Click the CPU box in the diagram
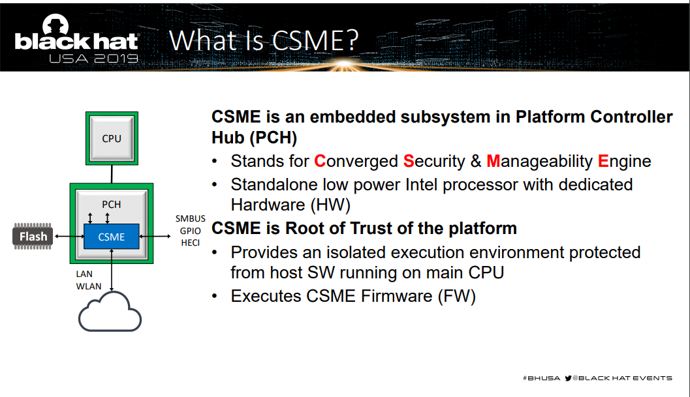(112, 138)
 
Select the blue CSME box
(112, 237)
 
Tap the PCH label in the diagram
(112, 205)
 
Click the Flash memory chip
(33, 237)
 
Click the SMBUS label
(191, 218)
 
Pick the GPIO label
(191, 231)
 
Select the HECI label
(191, 243)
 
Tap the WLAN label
(88, 286)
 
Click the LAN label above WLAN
(84, 274)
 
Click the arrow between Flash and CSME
(69, 237)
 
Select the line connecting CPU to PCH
(112, 174)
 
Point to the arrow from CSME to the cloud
(112, 270)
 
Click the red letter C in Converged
(320, 162)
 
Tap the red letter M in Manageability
(494, 162)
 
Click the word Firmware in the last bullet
(396, 297)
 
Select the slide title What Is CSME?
(264, 40)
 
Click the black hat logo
(76, 38)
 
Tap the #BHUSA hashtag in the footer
(541, 378)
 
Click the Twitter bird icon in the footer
(568, 378)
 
